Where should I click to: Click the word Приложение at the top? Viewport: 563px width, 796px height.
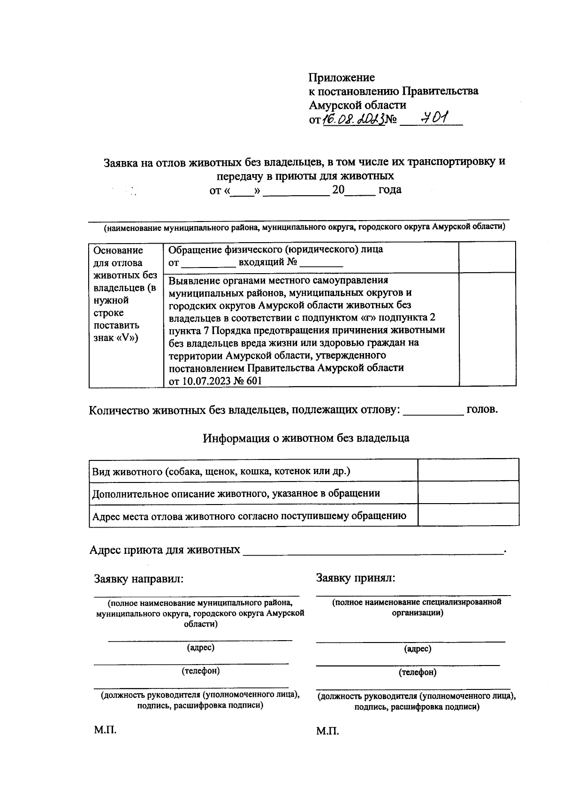pos(342,77)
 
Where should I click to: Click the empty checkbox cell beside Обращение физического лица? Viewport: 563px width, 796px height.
pos(487,257)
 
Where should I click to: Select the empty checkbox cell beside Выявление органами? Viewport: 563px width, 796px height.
pos(487,329)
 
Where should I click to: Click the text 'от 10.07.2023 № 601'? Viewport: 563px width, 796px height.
pos(215,381)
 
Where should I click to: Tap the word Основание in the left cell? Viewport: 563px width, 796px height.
pos(118,251)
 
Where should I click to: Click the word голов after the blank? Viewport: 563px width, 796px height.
pos(482,409)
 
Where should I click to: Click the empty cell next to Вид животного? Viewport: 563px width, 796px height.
pos(468,470)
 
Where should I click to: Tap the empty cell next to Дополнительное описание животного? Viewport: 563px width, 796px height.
pos(468,492)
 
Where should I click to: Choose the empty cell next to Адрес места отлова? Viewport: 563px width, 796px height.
pos(468,515)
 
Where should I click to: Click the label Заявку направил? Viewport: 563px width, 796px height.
pos(138,579)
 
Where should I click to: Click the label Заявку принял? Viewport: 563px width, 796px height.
pos(356,578)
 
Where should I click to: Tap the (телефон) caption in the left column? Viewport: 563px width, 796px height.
pos(200,671)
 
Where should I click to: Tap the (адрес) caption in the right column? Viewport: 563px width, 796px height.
pos(418,649)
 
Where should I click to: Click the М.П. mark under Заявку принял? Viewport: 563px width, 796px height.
pos(327,731)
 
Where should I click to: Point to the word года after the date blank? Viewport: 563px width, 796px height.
pos(389,190)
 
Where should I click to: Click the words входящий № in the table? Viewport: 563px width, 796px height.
pos(268,262)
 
